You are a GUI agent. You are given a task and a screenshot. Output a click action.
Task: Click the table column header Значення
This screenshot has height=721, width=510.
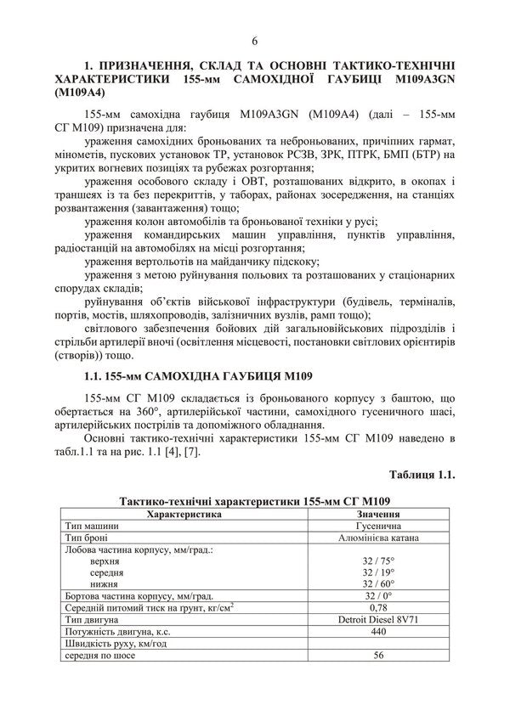(x=379, y=514)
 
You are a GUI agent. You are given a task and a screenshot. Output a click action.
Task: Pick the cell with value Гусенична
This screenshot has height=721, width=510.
(x=379, y=526)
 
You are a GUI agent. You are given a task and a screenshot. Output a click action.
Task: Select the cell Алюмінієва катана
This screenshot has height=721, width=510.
(x=379, y=538)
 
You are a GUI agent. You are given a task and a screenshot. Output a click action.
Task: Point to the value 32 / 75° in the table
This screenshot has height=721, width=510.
(x=379, y=561)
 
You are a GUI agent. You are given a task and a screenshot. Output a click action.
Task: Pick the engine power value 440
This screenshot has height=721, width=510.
(x=379, y=632)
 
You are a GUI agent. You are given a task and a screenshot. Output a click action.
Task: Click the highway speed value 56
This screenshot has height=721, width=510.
(x=379, y=656)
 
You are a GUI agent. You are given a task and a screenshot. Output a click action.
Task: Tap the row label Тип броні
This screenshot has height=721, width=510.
(x=85, y=538)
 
